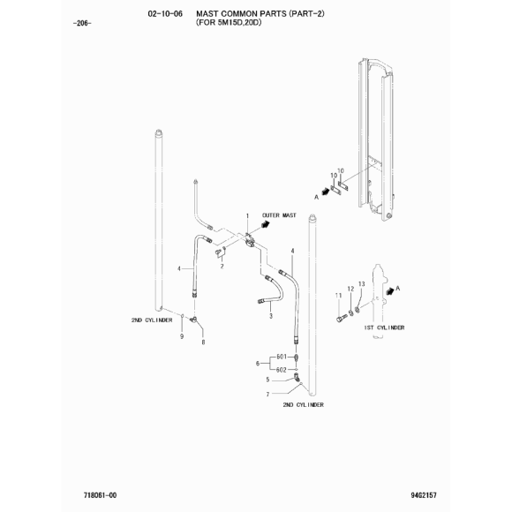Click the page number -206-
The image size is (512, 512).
click(x=83, y=24)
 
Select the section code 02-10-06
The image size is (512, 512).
click(x=165, y=14)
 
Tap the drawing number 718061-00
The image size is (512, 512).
click(x=100, y=495)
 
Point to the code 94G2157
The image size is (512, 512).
click(x=424, y=495)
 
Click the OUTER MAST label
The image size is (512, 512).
click(x=279, y=215)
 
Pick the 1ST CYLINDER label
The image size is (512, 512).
click(x=384, y=328)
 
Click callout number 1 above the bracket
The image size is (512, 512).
click(x=247, y=216)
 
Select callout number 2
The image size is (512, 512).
click(x=222, y=267)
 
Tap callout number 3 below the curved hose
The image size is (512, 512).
click(x=271, y=316)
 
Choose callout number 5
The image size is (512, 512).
click(x=267, y=380)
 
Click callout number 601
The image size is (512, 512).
click(x=282, y=357)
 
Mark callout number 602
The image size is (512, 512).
click(x=282, y=370)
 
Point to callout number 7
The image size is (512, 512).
click(x=267, y=395)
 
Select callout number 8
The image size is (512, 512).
click(x=203, y=343)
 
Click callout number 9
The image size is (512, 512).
click(x=182, y=336)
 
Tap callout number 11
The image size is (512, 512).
click(x=339, y=296)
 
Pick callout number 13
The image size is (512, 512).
click(x=361, y=284)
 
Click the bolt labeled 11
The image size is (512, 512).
click(x=340, y=318)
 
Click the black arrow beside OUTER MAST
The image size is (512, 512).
click(x=266, y=224)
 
